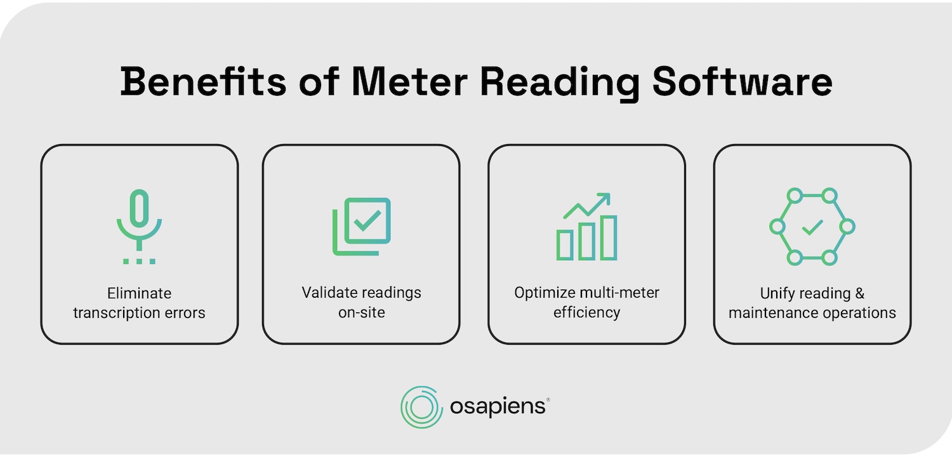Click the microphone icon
(x=139, y=219)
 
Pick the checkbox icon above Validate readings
(x=362, y=226)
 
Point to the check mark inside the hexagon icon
(x=812, y=227)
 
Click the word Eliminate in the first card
(x=139, y=293)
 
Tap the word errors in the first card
(x=185, y=313)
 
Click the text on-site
(x=361, y=312)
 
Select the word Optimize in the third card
(x=545, y=293)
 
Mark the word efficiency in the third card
(x=586, y=312)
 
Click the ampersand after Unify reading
(x=859, y=293)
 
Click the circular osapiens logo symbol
(x=421, y=407)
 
